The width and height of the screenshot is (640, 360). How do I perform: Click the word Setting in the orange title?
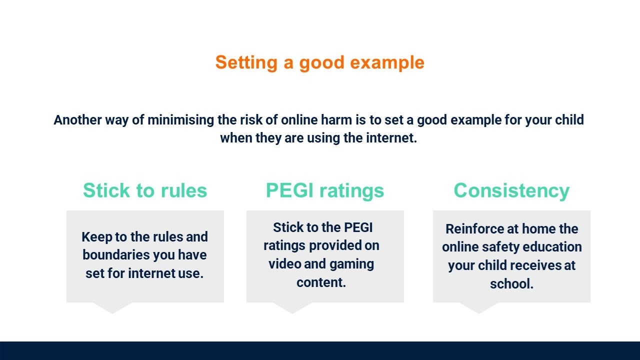(x=246, y=63)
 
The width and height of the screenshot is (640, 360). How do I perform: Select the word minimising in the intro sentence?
(x=180, y=119)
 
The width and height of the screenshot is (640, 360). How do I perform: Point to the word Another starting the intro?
(x=77, y=119)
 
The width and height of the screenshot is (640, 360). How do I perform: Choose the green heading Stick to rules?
(x=145, y=190)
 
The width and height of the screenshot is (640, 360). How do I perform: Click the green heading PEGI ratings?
(x=325, y=191)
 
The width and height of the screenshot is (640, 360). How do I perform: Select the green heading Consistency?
(x=511, y=191)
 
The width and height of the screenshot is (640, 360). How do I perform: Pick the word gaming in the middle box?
(x=351, y=264)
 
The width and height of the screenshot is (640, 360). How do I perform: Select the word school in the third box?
(x=511, y=283)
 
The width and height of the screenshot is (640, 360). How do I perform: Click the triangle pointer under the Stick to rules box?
(x=112, y=307)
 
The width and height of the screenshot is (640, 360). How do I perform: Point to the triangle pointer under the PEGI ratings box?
(x=292, y=307)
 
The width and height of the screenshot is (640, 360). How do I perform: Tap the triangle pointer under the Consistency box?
(x=479, y=307)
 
